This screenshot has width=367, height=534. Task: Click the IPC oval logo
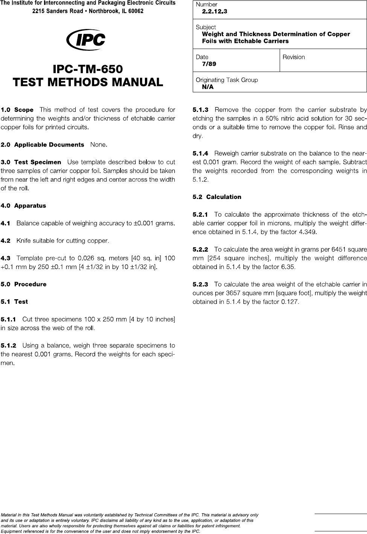[x=86, y=40]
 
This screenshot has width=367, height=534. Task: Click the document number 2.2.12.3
[x=215, y=11]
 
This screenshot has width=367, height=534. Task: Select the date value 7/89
[x=209, y=64]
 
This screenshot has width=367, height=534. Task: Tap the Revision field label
[x=294, y=57]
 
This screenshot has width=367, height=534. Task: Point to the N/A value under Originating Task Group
[x=208, y=87]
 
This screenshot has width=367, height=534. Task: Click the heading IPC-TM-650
[x=88, y=69]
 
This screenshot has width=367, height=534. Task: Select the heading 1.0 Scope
[x=17, y=110]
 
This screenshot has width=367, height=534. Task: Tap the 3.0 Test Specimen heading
[x=31, y=162]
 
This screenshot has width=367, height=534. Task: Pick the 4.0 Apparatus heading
[x=23, y=206]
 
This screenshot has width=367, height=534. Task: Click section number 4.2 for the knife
[x=6, y=240]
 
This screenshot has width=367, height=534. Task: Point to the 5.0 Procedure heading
[x=24, y=284]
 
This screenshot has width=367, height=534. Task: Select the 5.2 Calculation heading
[x=217, y=197]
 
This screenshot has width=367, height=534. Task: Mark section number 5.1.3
[x=201, y=110]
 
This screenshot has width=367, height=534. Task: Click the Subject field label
[x=206, y=27]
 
